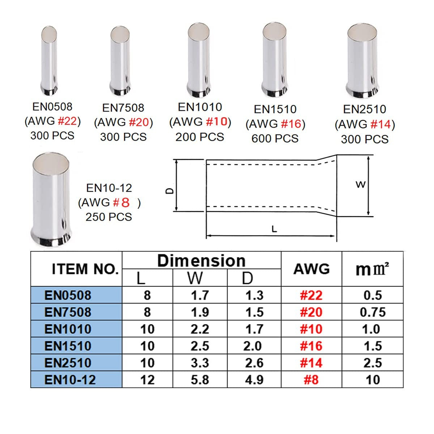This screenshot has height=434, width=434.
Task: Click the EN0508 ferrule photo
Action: tap(49, 61)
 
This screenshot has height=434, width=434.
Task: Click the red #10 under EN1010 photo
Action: tap(217, 122)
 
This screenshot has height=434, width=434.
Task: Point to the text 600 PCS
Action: tap(275, 138)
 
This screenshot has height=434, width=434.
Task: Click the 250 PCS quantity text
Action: tap(109, 217)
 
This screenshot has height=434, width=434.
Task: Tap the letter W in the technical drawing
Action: tap(360, 185)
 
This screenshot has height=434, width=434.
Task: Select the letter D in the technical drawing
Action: tap(170, 191)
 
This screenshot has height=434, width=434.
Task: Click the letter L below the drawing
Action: tap(274, 229)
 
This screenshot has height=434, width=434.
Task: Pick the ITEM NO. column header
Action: tap(85, 269)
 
